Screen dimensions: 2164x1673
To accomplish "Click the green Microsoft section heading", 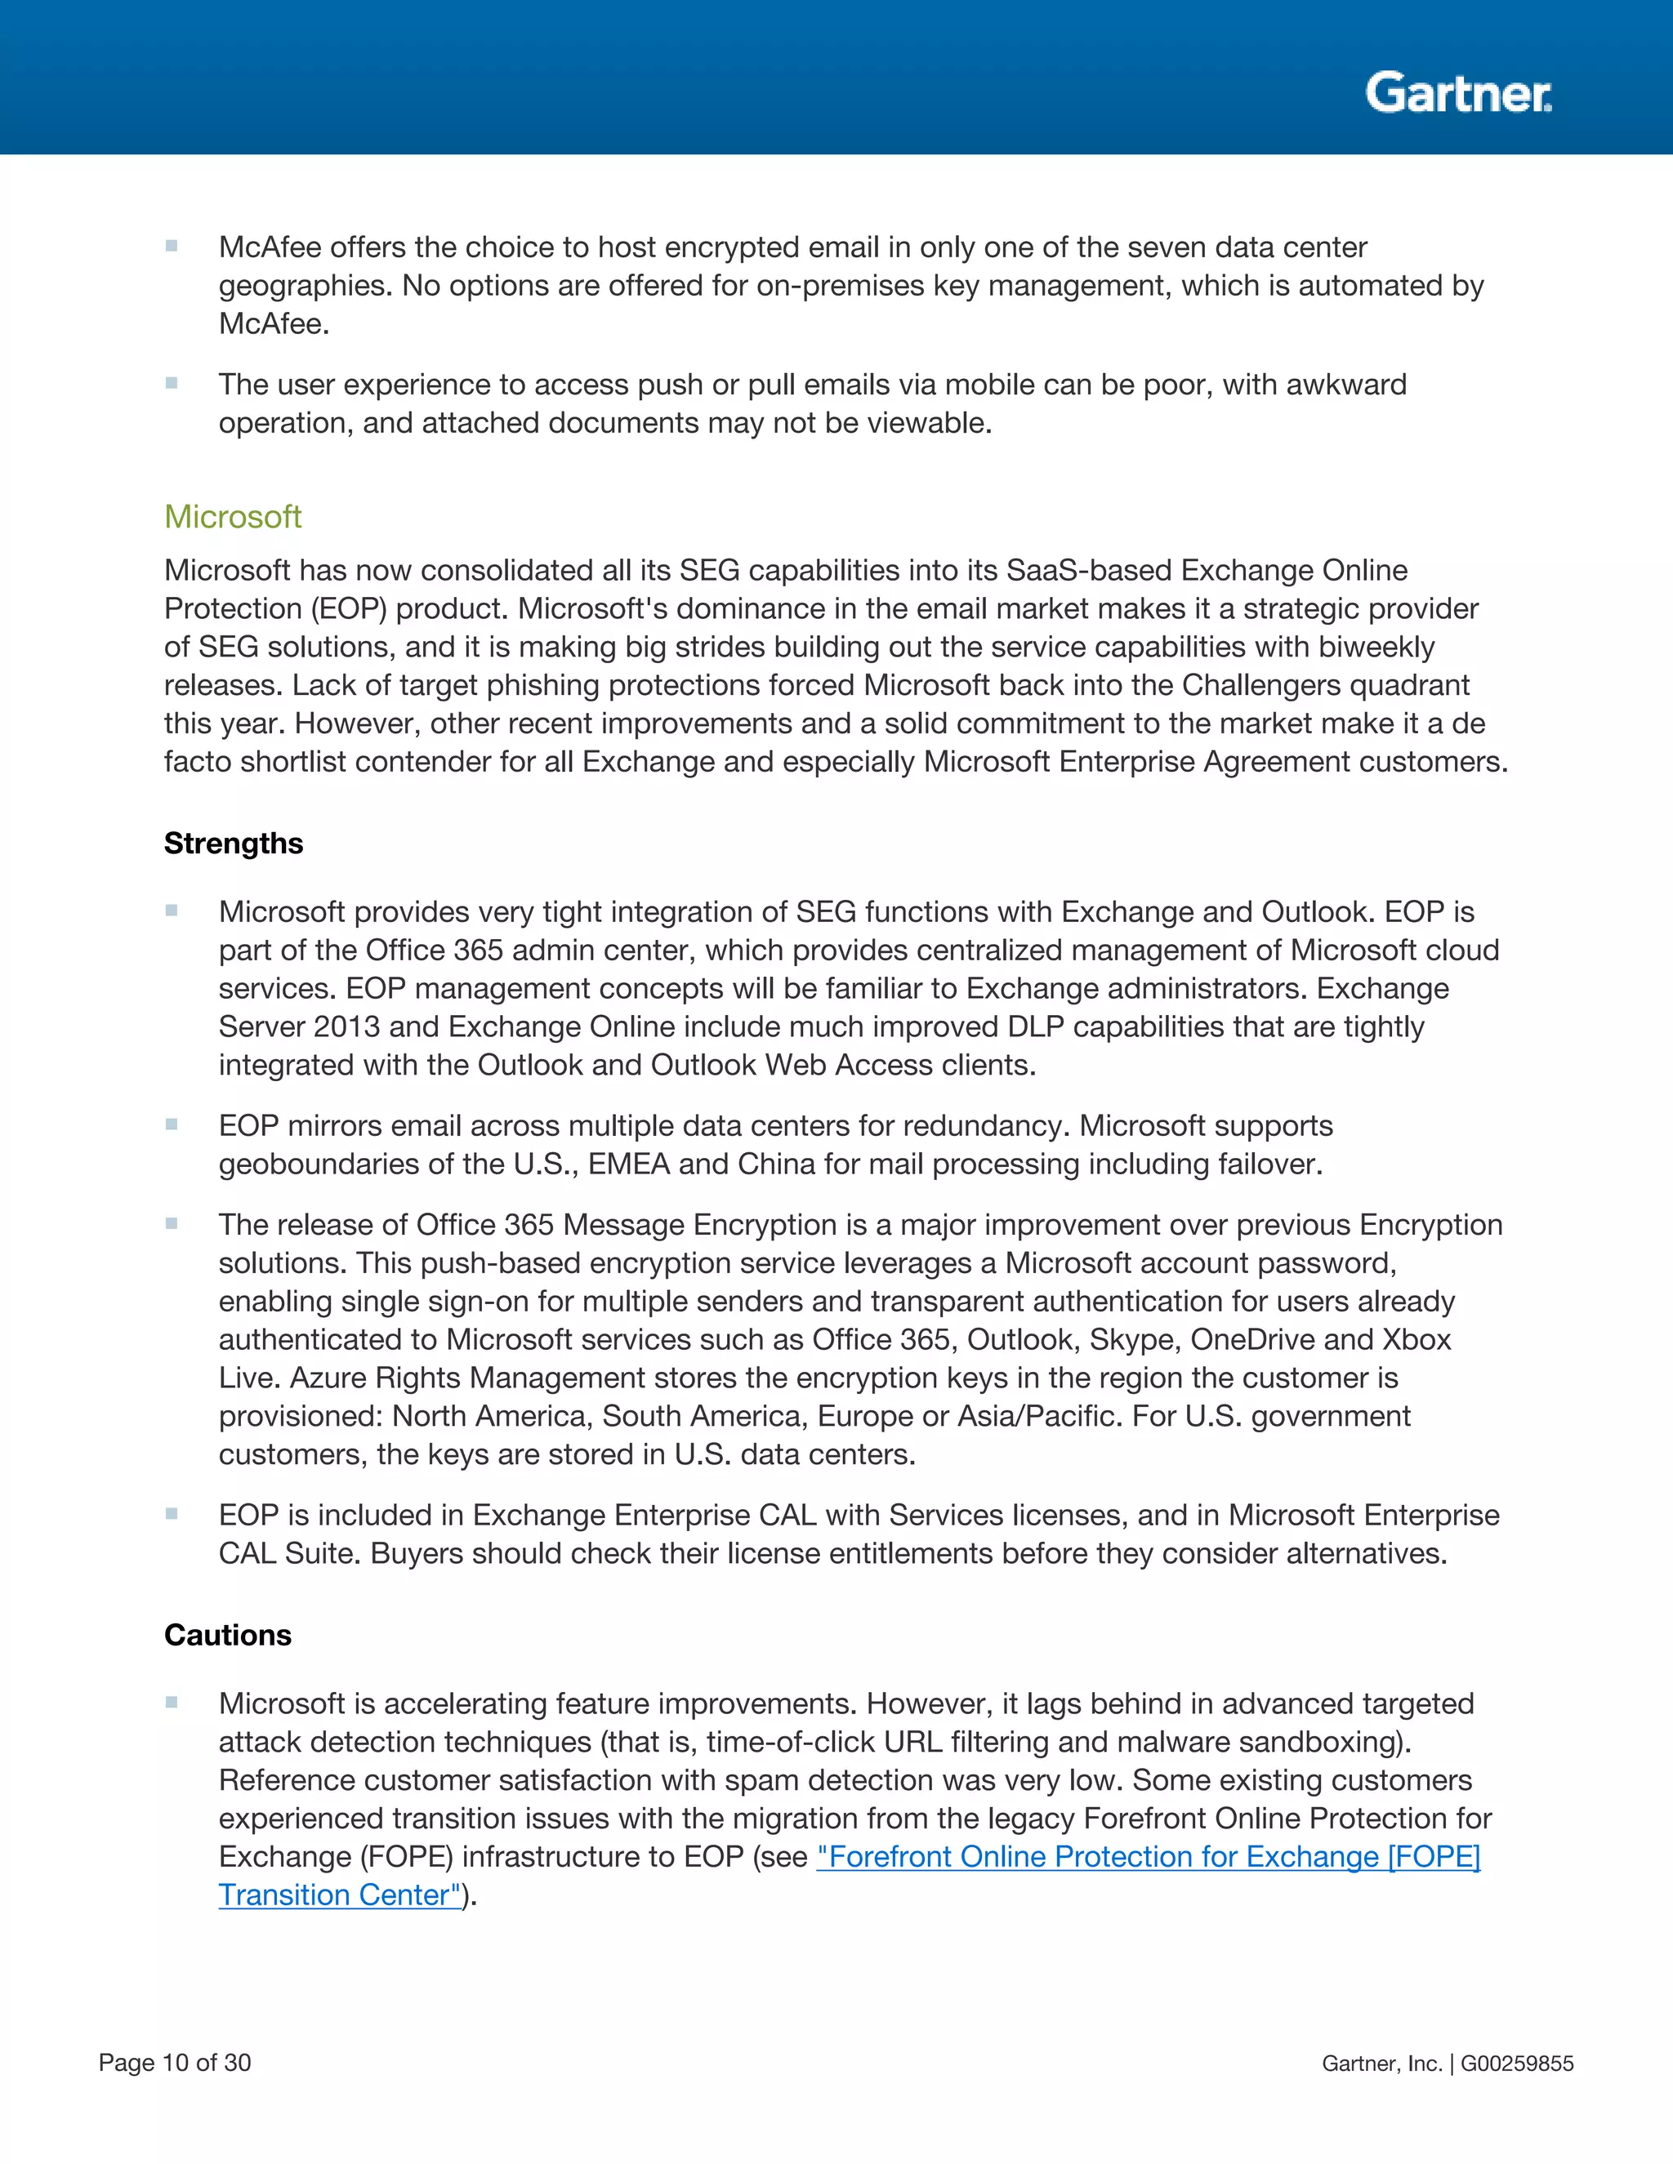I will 233,516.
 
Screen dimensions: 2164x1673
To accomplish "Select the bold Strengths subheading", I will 234,844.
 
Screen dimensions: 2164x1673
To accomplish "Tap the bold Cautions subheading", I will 228,1635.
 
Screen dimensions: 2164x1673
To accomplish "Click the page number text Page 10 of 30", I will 175,2063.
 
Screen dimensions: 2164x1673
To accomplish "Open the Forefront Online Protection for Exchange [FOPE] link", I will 1148,1857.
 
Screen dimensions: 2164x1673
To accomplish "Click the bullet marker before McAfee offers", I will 172,246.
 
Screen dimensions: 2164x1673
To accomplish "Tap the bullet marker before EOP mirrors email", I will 172,1124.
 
